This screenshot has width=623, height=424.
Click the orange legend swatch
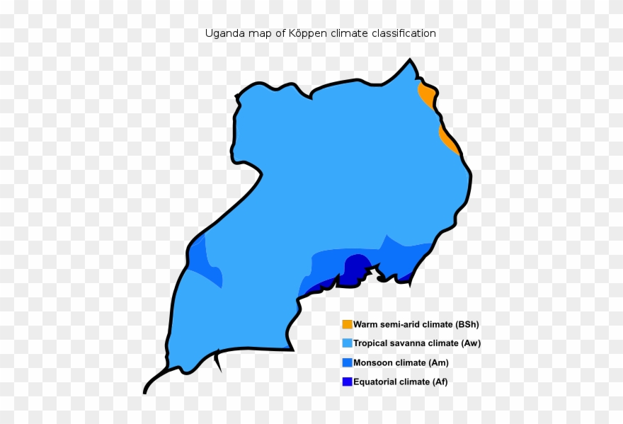pyautogui.click(x=347, y=324)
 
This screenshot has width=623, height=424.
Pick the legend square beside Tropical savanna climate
pyautogui.click(x=347, y=343)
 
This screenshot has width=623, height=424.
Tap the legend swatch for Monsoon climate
pyautogui.click(x=347, y=362)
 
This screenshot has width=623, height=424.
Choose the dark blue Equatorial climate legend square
pyautogui.click(x=347, y=382)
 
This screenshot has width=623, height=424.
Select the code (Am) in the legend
pyautogui.click(x=438, y=362)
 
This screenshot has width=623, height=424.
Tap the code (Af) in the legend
pyautogui.click(x=438, y=382)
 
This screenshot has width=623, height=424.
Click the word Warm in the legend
pyautogui.click(x=366, y=325)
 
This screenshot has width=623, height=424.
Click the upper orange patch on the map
pyautogui.click(x=426, y=94)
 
